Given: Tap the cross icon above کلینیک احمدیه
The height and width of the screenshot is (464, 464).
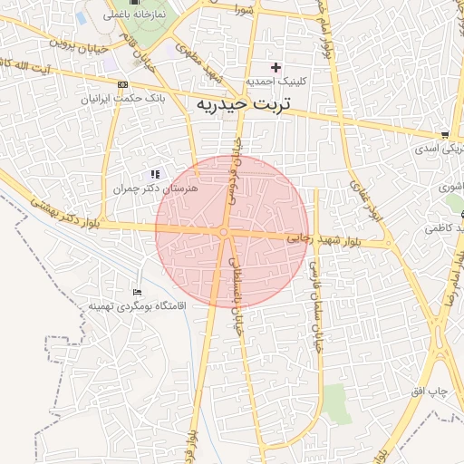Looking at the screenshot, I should coord(276,67).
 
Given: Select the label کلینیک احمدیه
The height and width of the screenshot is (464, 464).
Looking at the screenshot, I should coord(277,81).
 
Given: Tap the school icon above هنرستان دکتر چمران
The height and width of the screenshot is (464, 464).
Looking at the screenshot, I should coord(155,174).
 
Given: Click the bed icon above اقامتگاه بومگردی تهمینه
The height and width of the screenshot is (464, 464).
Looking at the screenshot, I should coord(137,292).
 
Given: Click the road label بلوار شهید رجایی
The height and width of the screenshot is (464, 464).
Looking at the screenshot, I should coord(324,241).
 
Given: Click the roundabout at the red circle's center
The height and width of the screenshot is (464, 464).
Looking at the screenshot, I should coord(224,233).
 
